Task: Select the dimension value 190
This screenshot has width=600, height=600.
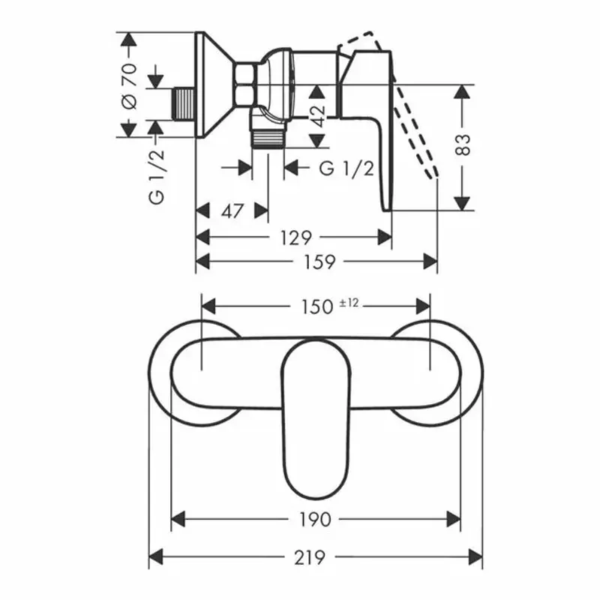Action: coord(315,518)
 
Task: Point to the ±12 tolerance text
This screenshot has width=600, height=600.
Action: coord(349,302)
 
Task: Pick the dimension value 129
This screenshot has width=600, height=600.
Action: coord(295,238)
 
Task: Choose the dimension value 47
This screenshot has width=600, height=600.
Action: coord(232,211)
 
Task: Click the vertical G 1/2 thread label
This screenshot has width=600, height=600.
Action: coord(156,176)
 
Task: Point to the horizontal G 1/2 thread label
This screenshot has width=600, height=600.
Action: coord(346,168)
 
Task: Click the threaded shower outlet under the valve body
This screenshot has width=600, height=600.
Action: coord(268,139)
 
